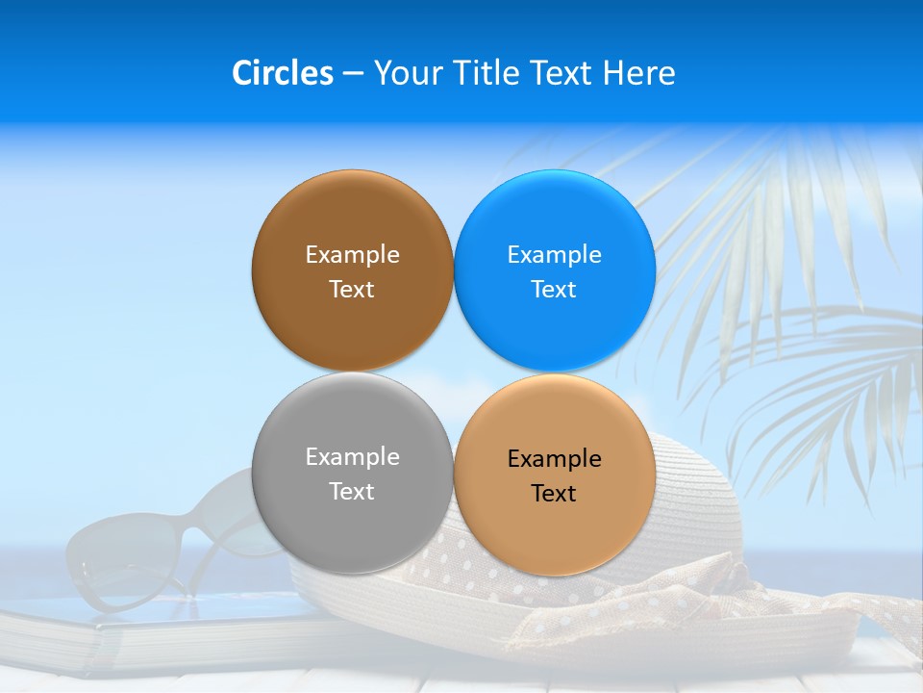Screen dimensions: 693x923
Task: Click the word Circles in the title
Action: tap(282, 73)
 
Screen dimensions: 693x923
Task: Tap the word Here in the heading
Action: tap(639, 73)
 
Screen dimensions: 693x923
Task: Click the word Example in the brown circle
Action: tap(352, 255)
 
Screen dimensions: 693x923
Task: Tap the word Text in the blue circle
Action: tap(554, 290)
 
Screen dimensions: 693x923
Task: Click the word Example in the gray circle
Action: tap(352, 457)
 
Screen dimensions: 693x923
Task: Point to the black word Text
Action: tap(554, 494)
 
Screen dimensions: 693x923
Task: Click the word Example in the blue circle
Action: tap(554, 255)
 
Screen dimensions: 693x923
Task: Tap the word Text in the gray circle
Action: tap(352, 492)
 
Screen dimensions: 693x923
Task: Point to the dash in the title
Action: tap(353, 73)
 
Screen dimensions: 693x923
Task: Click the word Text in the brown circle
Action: tap(352, 290)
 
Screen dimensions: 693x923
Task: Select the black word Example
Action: tap(554, 459)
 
